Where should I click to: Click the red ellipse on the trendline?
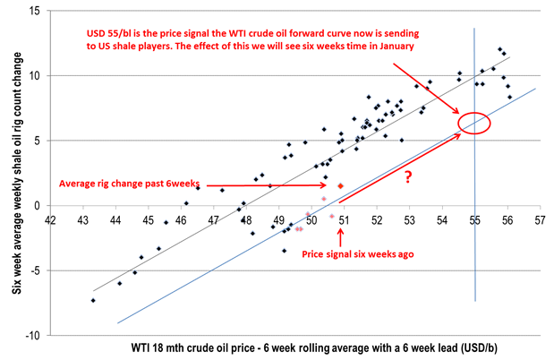click(x=474, y=123)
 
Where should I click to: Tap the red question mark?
click(x=408, y=177)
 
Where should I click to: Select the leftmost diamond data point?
click(x=92, y=301)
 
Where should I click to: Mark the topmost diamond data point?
click(x=499, y=49)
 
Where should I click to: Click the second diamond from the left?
click(x=119, y=284)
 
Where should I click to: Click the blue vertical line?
click(x=474, y=269)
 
